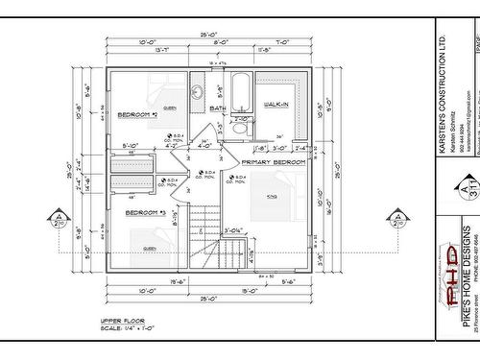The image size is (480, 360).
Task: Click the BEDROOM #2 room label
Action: (138, 115)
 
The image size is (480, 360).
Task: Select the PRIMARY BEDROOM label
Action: (273, 162)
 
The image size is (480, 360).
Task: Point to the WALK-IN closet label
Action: (276, 103)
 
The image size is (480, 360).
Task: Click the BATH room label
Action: (218, 108)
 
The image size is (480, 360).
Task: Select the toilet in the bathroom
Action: (240, 127)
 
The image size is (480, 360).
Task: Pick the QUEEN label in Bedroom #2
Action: (169, 108)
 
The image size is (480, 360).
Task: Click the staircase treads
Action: (204, 235)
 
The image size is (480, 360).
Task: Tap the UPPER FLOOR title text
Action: (122, 320)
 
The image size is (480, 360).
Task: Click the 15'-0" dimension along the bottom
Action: (248, 289)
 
